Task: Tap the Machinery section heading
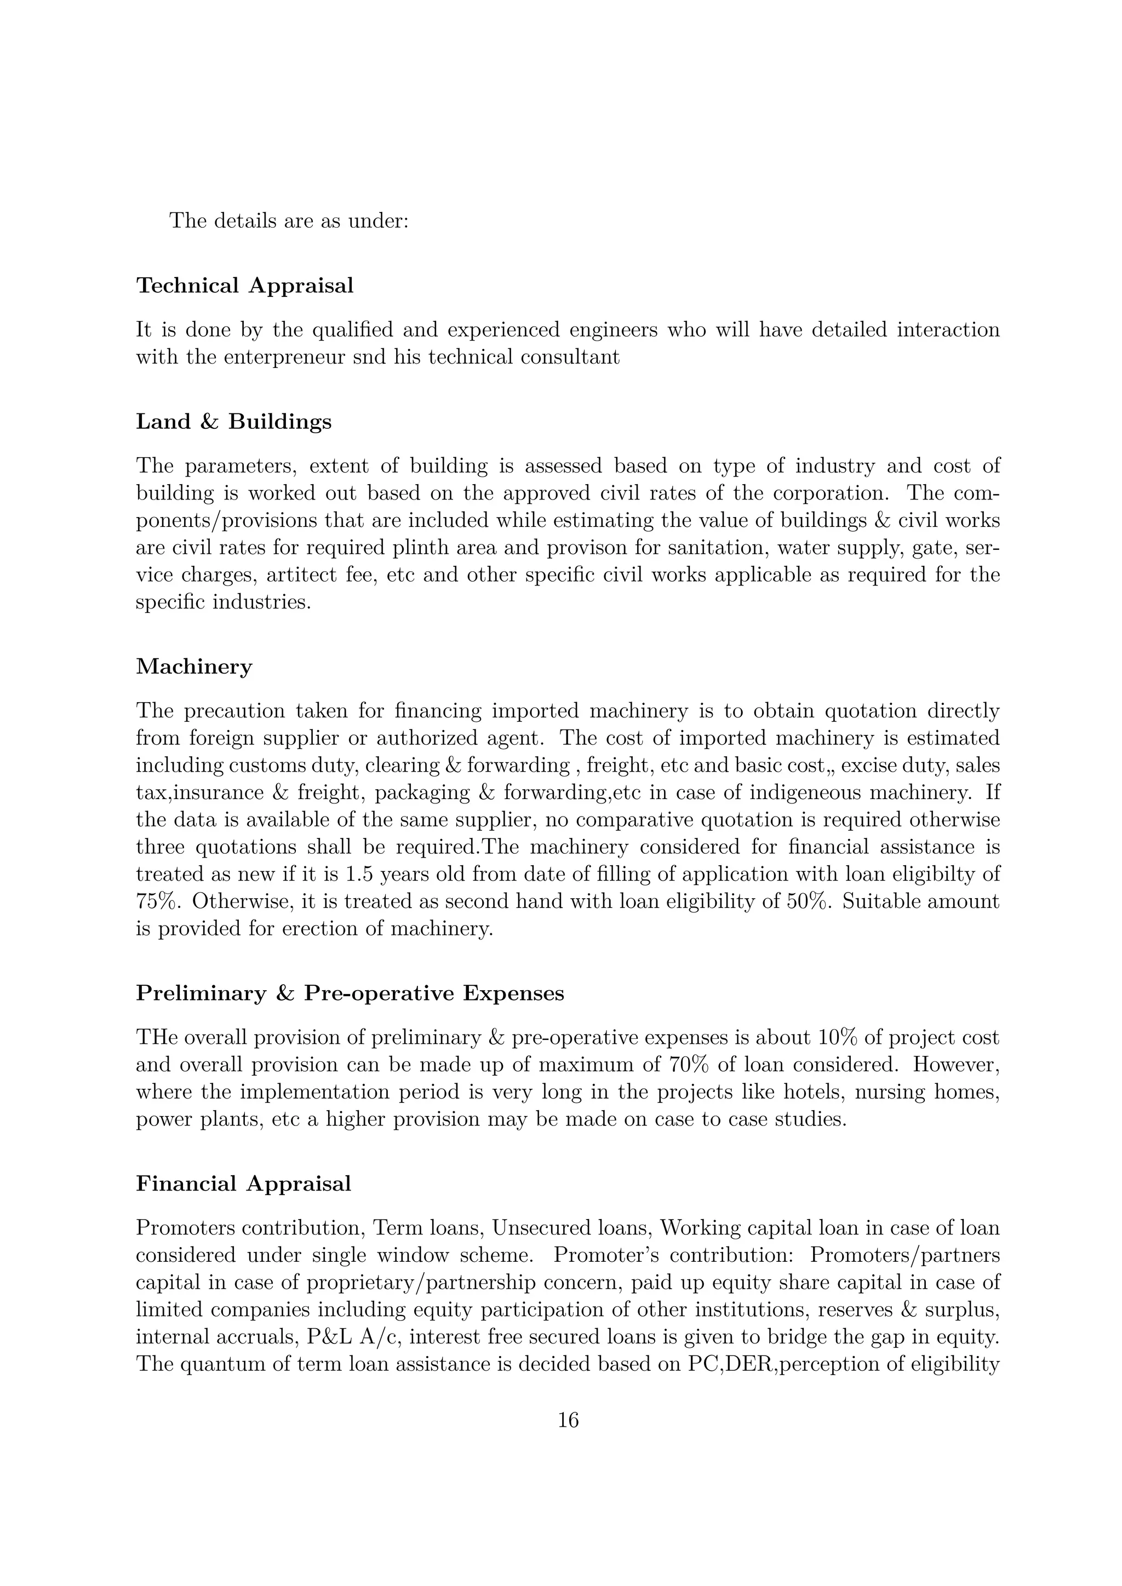[x=194, y=666]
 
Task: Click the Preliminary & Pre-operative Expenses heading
[x=350, y=993]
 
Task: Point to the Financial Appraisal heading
[x=243, y=1183]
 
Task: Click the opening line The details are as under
[x=289, y=221]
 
